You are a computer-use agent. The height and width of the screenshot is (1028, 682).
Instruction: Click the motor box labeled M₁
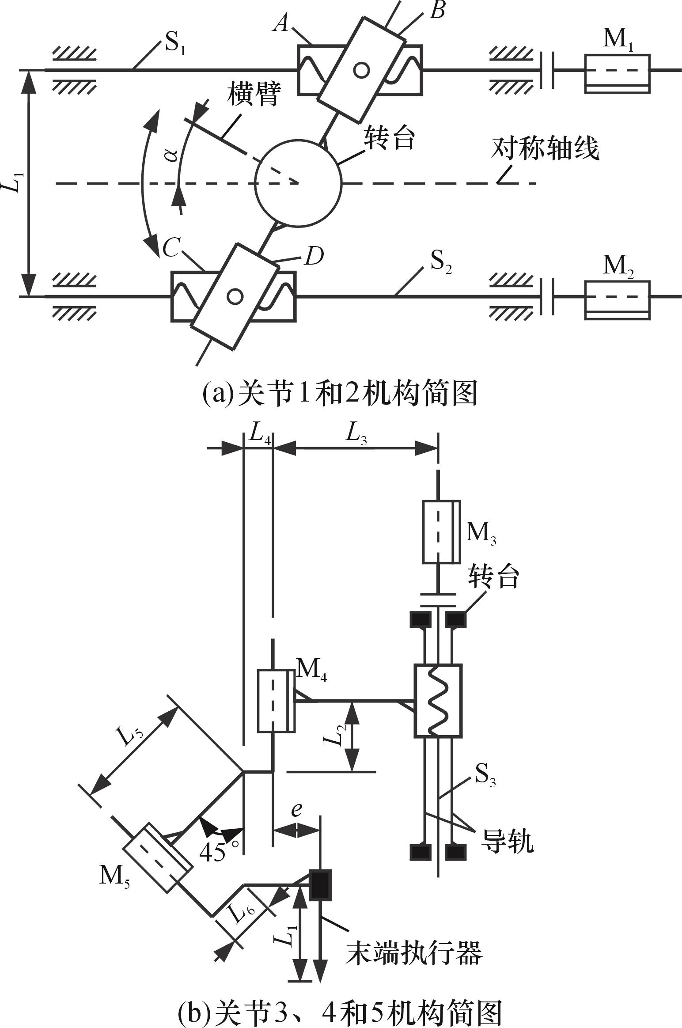(617, 73)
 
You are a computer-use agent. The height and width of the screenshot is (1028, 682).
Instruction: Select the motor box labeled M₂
(617, 300)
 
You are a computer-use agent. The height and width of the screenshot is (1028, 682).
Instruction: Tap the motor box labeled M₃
(441, 532)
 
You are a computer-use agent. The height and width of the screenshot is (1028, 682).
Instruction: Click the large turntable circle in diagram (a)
(299, 182)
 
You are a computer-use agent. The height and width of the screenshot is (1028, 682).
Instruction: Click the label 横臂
(254, 94)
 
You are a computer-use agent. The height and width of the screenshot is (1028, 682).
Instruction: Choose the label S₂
(441, 264)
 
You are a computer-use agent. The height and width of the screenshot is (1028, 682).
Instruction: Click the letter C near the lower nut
(170, 249)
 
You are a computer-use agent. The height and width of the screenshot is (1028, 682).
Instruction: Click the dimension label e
(296, 809)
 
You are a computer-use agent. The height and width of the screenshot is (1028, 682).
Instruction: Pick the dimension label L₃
(356, 435)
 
